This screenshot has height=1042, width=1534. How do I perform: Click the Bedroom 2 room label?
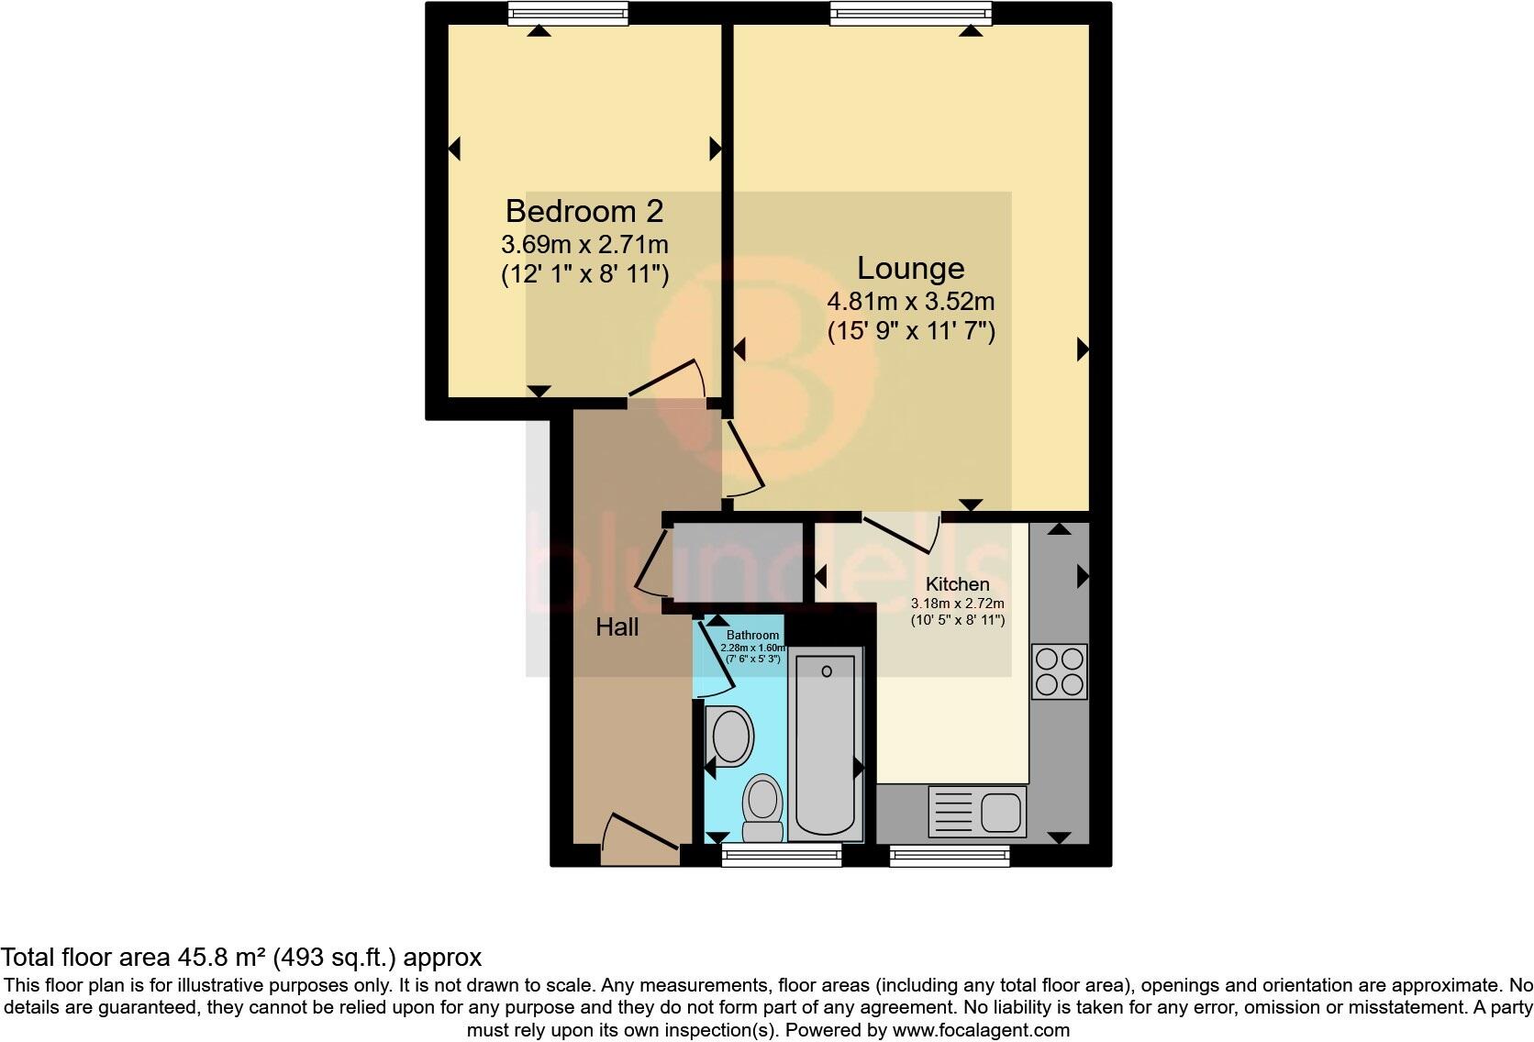coord(584,212)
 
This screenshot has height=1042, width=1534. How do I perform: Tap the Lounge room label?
coord(910,268)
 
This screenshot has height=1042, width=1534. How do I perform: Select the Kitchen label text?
coord(957,584)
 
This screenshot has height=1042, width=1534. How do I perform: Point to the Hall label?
coord(617,627)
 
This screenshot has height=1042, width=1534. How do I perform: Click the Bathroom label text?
coord(752,635)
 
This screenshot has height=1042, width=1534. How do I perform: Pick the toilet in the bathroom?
coord(762,807)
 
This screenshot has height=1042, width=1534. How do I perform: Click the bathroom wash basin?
coord(731,737)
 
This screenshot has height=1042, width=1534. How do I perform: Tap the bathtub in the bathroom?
coord(826,745)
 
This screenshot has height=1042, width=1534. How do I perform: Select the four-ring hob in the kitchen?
coord(1059,671)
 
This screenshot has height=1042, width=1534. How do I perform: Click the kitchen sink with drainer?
coord(977,812)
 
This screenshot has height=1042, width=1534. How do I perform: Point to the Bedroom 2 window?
coord(569,12)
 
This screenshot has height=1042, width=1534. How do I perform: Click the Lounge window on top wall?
coord(911,12)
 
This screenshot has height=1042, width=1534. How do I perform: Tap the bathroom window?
coord(782,856)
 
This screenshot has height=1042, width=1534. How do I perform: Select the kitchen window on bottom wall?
coord(950,856)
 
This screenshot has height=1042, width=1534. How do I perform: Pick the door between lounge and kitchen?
coord(900,534)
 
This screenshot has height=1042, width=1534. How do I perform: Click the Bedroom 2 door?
coord(667,381)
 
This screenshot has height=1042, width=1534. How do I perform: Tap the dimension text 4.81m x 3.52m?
coord(910,302)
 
